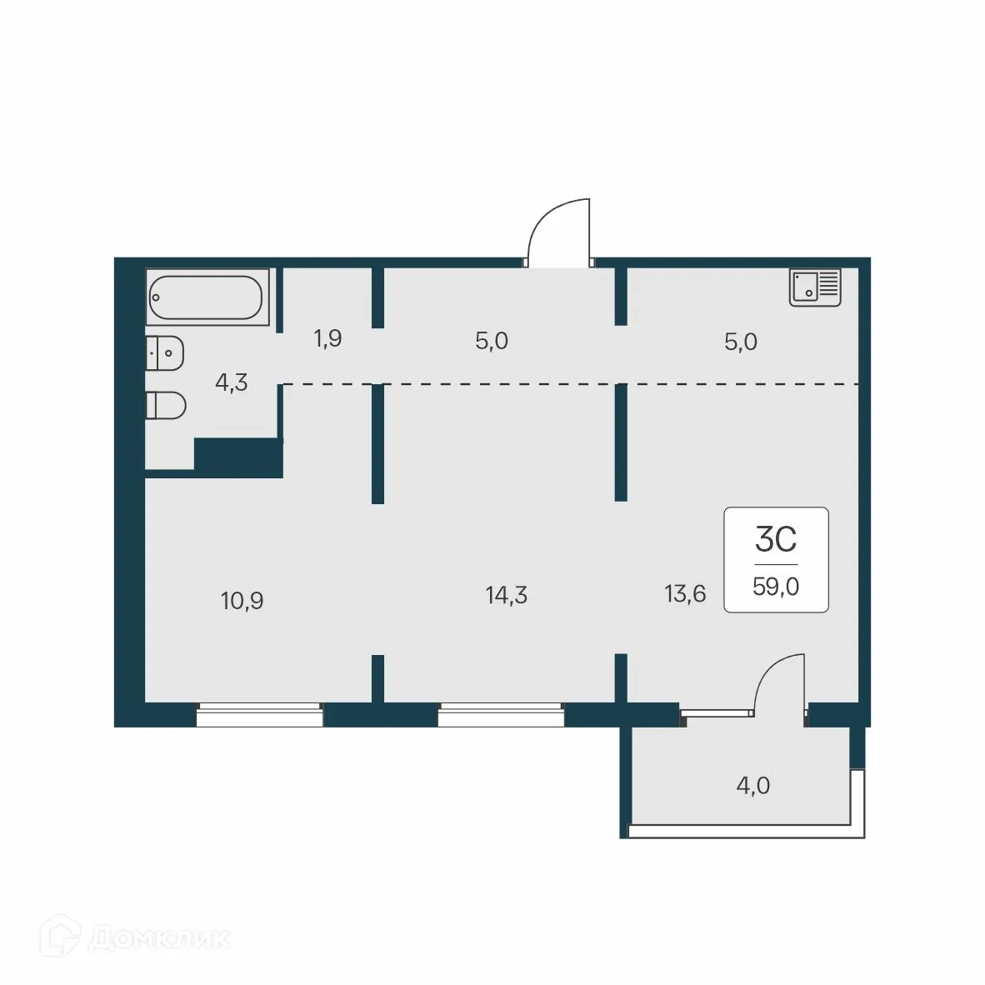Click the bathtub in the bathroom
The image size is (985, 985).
tap(207, 297)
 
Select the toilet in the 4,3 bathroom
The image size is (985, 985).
tap(165, 406)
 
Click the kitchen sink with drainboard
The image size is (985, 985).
tap(815, 287)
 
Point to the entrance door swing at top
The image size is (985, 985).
tap(560, 233)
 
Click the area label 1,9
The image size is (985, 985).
tap(327, 339)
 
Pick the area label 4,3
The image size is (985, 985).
tap(231, 383)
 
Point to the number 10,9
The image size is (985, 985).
tap(242, 600)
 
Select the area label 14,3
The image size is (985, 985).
tap(506, 596)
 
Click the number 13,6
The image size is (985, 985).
tap(685, 594)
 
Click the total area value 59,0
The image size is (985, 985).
tap(776, 587)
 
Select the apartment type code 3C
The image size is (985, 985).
tap(776, 540)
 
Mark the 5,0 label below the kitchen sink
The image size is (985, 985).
tap(740, 342)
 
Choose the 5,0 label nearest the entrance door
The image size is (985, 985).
tap(491, 342)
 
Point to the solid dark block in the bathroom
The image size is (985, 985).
tap(239, 457)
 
